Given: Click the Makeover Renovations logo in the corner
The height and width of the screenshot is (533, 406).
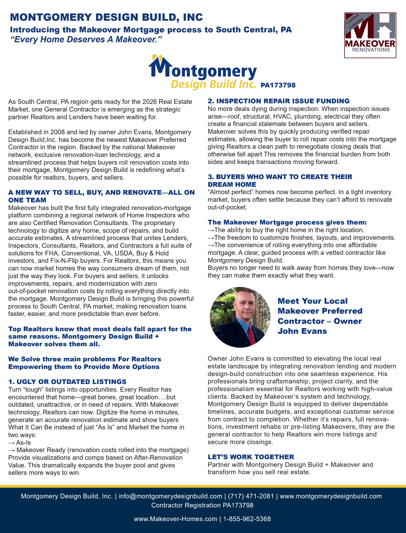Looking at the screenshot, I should click(370, 35).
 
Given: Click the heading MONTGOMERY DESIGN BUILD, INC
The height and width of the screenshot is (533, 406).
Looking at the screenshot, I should click(106, 17).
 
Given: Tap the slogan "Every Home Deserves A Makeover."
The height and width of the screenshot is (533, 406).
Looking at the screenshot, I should click(86, 39).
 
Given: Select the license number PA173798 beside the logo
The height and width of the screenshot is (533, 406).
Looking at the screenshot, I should click(278, 85).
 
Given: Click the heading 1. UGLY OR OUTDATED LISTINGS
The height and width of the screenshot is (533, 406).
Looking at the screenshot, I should click(67, 382).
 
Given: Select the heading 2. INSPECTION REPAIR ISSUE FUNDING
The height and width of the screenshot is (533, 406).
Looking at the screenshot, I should click(278, 101).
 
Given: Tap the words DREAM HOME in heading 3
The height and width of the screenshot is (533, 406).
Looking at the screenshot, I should click(232, 184).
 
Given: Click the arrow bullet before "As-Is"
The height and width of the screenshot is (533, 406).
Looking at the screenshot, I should click(11, 442).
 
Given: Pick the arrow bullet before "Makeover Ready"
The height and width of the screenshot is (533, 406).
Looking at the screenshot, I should click(11, 450).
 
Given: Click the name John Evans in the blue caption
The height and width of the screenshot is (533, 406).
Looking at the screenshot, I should click(302, 331).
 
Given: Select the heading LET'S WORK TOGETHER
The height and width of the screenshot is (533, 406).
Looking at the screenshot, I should click(251, 457).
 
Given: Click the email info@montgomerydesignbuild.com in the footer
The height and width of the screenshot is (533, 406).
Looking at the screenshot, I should click(170, 496).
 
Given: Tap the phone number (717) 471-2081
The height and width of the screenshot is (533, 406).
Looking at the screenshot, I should click(251, 496).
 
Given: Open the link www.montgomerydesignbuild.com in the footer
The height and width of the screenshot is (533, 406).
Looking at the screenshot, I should click(330, 496).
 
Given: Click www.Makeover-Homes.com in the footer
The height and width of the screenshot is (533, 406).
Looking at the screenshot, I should click(175, 519).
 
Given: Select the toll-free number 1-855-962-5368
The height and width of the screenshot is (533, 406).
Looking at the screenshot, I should click(247, 519).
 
